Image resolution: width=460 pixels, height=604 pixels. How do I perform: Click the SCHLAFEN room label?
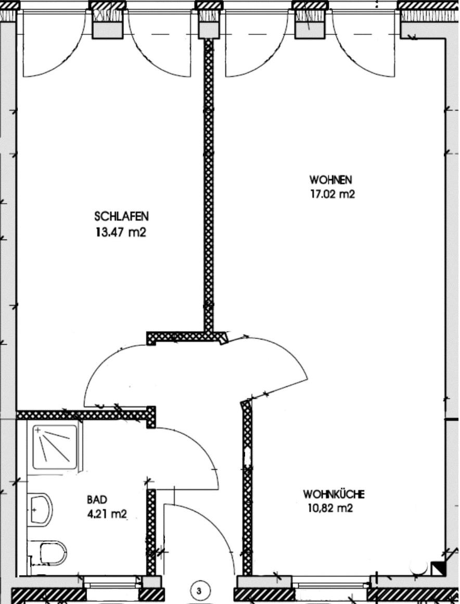tap(121, 216)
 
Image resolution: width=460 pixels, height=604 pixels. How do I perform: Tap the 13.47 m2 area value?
tap(121, 232)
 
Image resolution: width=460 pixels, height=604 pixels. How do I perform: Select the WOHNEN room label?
tap(330, 180)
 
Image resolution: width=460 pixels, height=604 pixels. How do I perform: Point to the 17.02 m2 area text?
tap(332, 194)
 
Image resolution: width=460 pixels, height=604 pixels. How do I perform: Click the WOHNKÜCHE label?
tap(334, 494)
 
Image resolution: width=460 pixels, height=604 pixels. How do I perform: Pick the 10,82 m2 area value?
tap(330, 508)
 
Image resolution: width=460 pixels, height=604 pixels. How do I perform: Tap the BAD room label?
tap(97, 500)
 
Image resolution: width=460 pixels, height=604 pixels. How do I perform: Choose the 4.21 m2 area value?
tap(107, 513)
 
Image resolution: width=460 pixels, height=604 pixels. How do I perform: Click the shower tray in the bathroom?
tap(55, 446)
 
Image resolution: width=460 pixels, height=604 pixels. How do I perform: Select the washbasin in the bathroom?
tap(40, 509)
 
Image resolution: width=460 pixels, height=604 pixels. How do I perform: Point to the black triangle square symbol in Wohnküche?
tap(438, 569)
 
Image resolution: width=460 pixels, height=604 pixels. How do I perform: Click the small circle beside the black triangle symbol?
tap(418, 567)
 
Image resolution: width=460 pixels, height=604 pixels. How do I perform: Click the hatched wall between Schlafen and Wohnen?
tap(208, 185)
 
